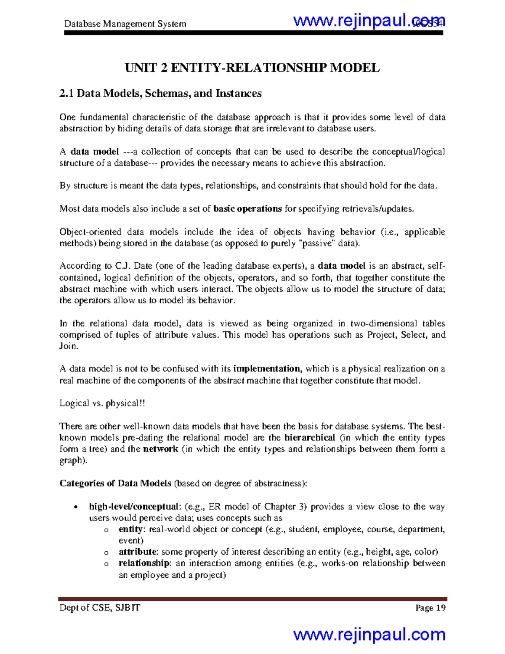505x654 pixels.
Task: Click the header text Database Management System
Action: point(125,24)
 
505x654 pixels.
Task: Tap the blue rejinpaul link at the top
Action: point(369,20)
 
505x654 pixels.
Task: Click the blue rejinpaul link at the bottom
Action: point(369,634)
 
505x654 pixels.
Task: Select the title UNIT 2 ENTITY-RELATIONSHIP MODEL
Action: point(252,68)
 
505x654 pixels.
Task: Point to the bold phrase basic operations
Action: point(247,209)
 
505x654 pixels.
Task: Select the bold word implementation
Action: point(267,369)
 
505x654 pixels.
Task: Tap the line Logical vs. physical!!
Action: point(102,403)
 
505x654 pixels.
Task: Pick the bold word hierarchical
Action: point(310,438)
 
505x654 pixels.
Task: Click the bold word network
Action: point(161,449)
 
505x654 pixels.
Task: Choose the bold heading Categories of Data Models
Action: point(115,483)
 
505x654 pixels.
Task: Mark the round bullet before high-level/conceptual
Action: point(75,507)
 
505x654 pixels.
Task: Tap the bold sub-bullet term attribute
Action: point(138,552)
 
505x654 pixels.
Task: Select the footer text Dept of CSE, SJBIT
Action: point(100,608)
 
